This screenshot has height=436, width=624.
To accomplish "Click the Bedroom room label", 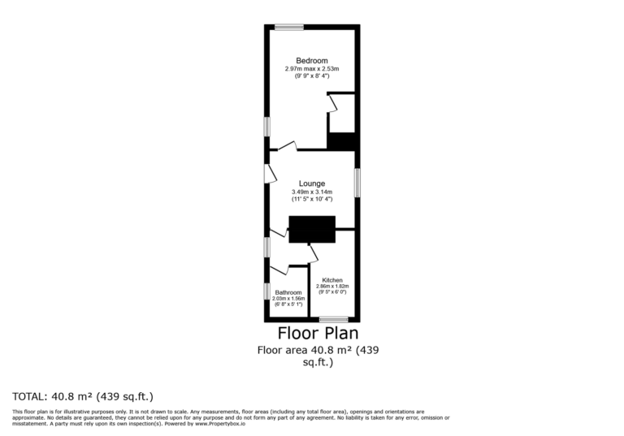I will [311, 61].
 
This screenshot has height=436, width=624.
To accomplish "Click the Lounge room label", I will [311, 183].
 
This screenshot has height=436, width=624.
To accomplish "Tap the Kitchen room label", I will [332, 280].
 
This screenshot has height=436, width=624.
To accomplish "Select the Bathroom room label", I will [288, 292].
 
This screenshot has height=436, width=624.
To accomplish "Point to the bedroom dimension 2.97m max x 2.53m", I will [311, 69].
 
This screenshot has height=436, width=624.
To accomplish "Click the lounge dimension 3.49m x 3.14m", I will [311, 192].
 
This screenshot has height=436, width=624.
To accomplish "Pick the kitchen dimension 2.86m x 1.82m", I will [332, 287].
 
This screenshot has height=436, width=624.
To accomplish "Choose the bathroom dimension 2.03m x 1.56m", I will [288, 299].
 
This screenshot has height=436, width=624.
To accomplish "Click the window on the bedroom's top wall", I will [288, 27].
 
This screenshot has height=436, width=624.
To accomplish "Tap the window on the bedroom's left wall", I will [266, 127].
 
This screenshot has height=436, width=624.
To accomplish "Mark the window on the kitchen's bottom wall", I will [333, 319].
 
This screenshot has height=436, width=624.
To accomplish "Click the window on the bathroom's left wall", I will [266, 291].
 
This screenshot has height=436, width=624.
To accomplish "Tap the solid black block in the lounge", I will [312, 230].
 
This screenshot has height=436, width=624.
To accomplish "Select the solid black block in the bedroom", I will [341, 141].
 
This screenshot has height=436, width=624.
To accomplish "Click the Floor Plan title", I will [318, 333].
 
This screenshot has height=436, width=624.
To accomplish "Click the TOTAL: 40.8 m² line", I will [83, 397].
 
